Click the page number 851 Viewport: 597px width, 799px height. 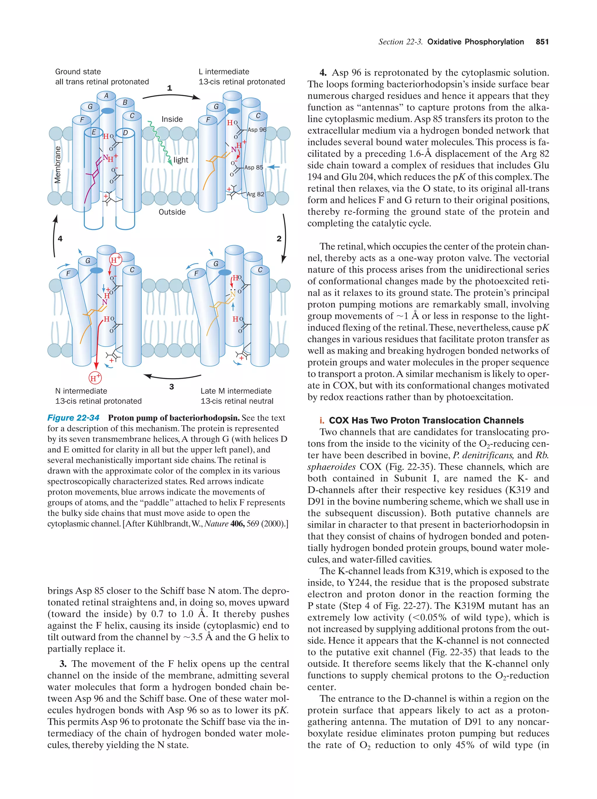pyautogui.click(x=542, y=42)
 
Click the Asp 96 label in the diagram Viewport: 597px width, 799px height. pyautogui.click(x=257, y=130)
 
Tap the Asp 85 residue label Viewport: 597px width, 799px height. pyautogui.click(x=254, y=167)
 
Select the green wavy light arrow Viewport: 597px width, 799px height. pyautogui.click(x=160, y=142)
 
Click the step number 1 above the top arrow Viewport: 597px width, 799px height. pyautogui.click(x=169, y=88)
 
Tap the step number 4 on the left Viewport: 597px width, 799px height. pyautogui.click(x=60, y=238)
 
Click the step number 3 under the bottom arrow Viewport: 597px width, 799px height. pyautogui.click(x=172, y=387)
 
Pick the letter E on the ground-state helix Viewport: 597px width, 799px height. pyautogui.click(x=94, y=132)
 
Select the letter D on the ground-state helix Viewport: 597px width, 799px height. pyautogui.click(x=125, y=133)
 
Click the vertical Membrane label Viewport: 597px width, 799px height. pyautogui.click(x=57, y=165)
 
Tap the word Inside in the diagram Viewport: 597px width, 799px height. pyautogui.click(x=172, y=119)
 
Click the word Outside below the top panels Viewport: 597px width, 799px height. pyautogui.click(x=172, y=212)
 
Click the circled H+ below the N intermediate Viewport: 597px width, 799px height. pyautogui.click(x=95, y=378)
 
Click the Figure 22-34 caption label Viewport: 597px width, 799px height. pyautogui.click(x=73, y=418)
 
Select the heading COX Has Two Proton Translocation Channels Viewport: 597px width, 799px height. pyautogui.click(x=426, y=420)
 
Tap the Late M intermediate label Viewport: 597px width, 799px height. pyautogui.click(x=236, y=391)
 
